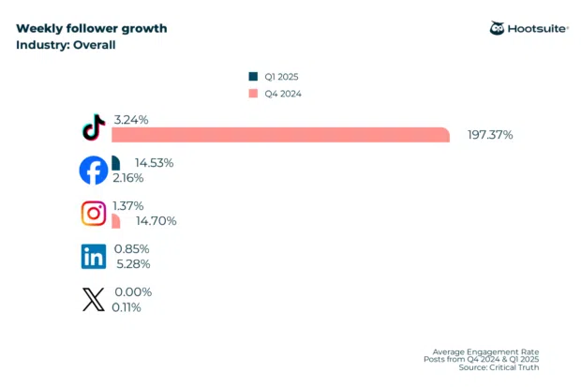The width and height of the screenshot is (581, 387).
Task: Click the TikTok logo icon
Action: pos(93,127)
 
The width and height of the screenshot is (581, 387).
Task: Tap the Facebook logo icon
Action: pos(93,171)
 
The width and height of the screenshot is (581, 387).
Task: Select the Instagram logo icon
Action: pos(93,214)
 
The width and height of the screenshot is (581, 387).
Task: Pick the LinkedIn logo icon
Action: pos(93,256)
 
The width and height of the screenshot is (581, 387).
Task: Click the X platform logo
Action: pos(93,299)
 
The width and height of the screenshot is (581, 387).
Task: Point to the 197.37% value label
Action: pos(489,135)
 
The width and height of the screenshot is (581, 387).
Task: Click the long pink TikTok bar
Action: pos(281,135)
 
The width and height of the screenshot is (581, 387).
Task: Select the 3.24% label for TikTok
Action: pos(130,120)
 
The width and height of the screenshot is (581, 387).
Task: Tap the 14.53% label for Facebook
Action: pos(154,163)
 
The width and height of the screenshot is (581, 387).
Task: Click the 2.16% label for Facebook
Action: pos(130,177)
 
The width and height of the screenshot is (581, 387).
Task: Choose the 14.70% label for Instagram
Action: pos(156,221)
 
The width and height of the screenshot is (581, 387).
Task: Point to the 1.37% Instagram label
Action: pos(130,206)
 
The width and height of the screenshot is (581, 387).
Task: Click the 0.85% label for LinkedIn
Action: pos(130,249)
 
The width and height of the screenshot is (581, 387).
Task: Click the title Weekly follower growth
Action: pos(92,28)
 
